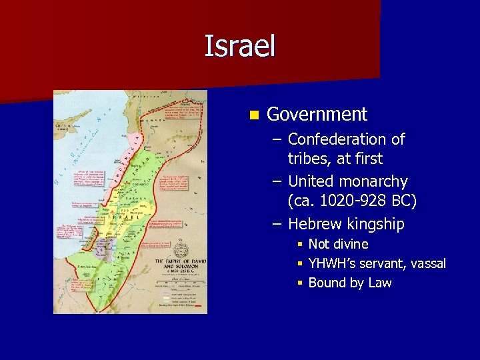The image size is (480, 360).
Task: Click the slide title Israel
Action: tap(239, 47)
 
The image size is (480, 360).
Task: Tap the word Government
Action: tap(317, 115)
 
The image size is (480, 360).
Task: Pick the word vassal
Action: tap(427, 263)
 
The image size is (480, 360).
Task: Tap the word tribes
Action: tap(307, 159)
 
